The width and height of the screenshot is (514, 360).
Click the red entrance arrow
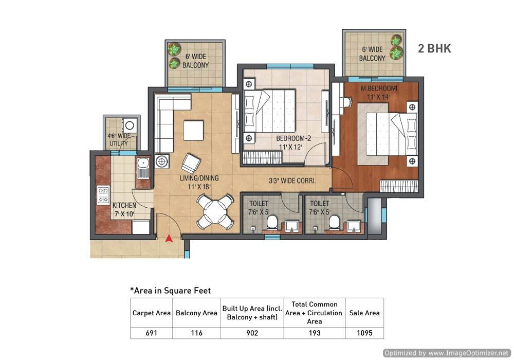click(x=169, y=238)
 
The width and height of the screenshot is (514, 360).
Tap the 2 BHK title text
click(x=434, y=48)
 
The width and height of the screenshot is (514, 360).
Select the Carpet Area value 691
click(x=152, y=333)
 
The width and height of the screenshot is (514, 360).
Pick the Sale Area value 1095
click(x=364, y=333)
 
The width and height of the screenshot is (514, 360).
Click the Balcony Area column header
click(x=197, y=313)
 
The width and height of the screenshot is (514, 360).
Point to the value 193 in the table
click(x=315, y=333)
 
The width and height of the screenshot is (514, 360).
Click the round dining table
click(x=215, y=212)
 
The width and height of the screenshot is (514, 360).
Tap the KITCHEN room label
click(x=124, y=205)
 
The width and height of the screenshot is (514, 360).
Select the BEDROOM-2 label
click(x=293, y=138)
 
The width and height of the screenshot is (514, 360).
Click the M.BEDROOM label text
click(x=379, y=88)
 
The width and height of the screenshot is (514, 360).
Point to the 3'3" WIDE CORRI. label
click(x=292, y=181)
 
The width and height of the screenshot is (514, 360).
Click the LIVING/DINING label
click(x=199, y=178)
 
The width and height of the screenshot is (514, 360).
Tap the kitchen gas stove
click(x=103, y=195)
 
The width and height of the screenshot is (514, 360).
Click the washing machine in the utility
click(x=130, y=125)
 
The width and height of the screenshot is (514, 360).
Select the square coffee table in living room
click(x=193, y=131)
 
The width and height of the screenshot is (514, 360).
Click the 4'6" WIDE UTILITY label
click(x=119, y=140)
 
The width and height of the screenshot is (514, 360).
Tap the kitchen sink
click(x=142, y=168)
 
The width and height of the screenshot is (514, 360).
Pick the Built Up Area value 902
click(x=252, y=333)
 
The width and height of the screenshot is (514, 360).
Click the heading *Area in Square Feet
click(x=171, y=291)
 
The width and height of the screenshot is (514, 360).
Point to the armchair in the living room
click(x=191, y=163)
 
